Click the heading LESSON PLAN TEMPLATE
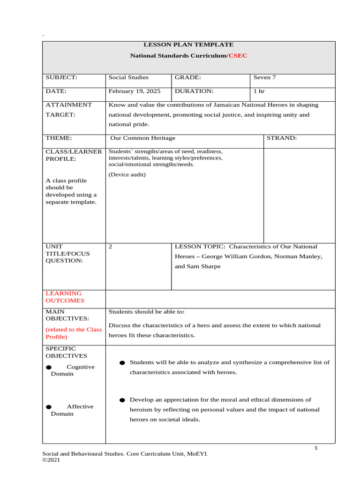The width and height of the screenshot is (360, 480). pos(188,45)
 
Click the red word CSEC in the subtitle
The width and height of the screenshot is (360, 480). pos(238,56)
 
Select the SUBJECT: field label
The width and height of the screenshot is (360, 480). pos(61,77)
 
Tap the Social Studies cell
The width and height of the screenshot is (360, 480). pos(128,77)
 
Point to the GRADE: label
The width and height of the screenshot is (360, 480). pos(188,77)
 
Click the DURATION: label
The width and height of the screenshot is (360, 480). pos(194,91)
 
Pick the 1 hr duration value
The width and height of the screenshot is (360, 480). pos(259,91)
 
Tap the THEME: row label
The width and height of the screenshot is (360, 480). pos(58,138)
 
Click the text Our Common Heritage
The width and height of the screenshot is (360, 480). pos(142,138)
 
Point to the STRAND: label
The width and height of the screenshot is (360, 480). pos(282,138)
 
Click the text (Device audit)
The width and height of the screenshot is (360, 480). pos(127,175)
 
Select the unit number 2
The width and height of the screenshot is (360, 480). pos(110,247)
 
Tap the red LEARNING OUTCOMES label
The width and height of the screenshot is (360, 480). pos(65,297)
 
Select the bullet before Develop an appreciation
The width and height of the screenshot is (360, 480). pos(122,400)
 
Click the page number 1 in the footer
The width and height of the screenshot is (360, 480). pos(316,449)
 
